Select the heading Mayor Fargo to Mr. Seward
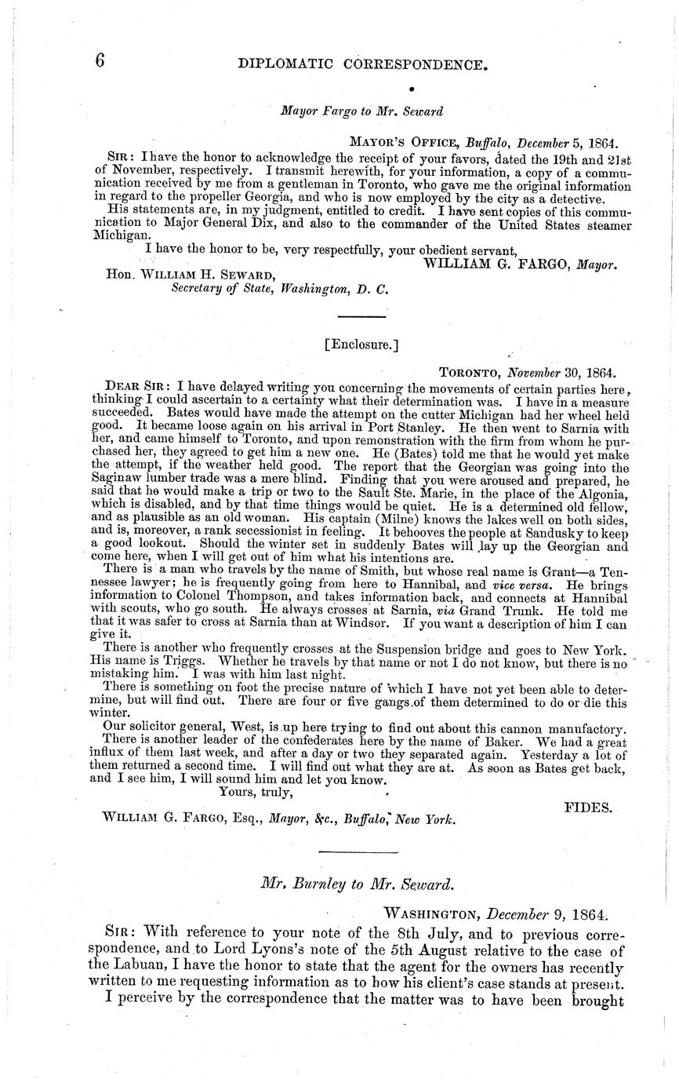tap(361, 111)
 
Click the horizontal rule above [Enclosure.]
tap(361, 316)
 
